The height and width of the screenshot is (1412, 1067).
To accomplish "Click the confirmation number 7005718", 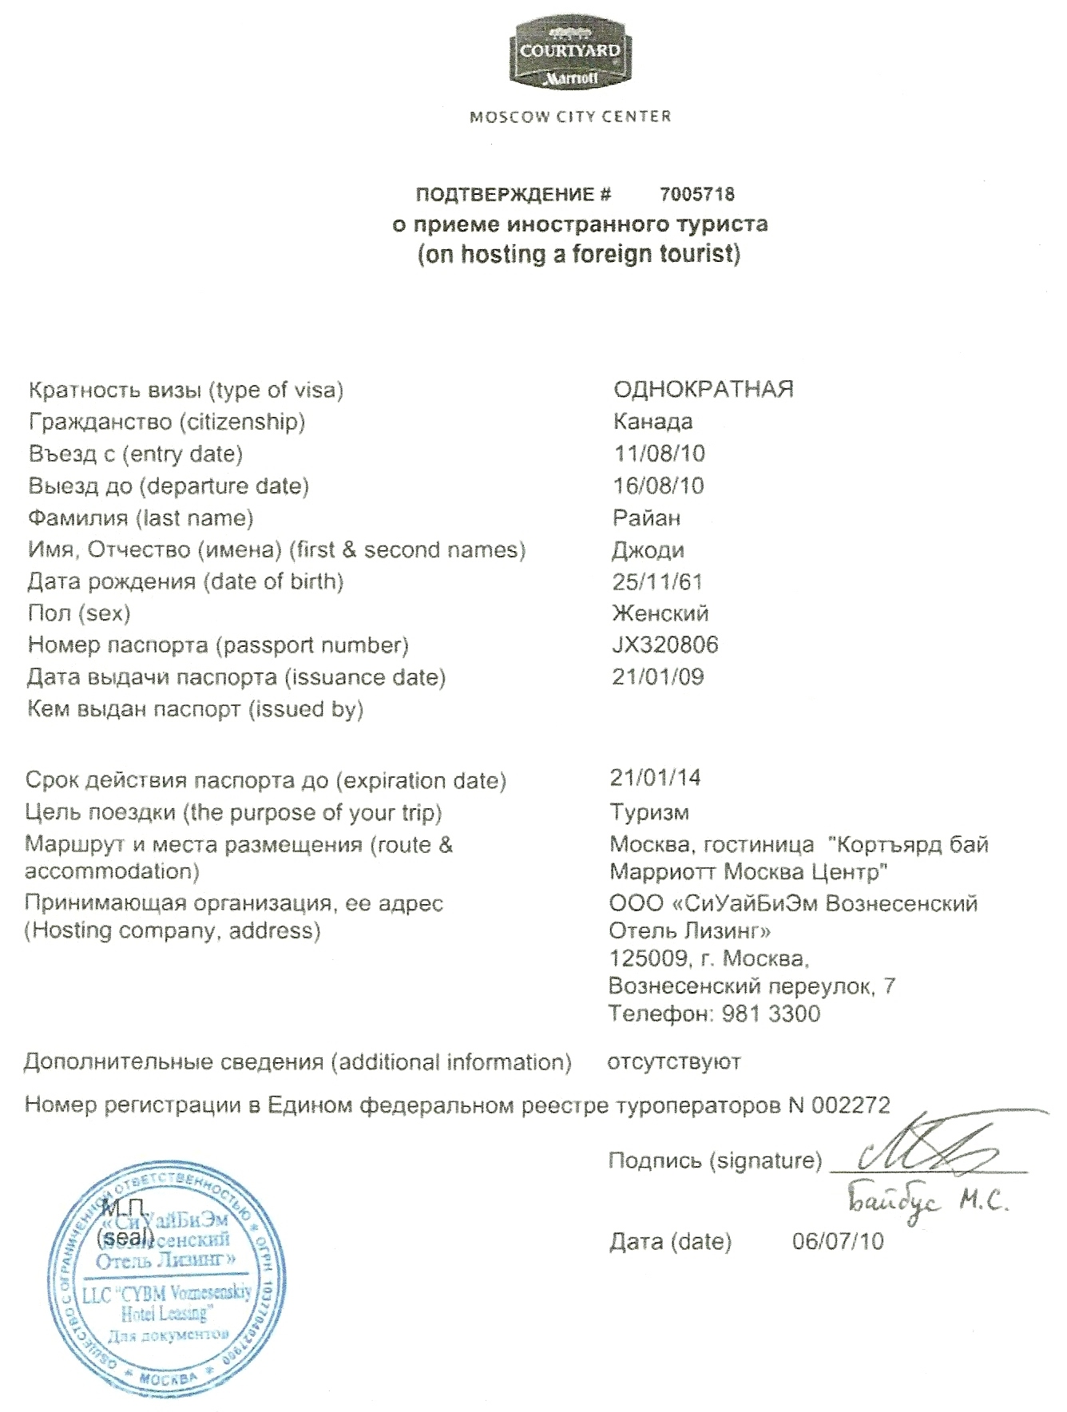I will click(x=697, y=194).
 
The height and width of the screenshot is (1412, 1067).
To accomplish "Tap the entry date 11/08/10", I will click(x=659, y=454).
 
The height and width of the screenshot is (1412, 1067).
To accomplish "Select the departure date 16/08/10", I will click(x=659, y=486).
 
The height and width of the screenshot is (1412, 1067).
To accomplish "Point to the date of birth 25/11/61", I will click(x=657, y=581).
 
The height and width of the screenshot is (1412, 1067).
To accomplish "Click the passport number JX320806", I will click(x=664, y=645).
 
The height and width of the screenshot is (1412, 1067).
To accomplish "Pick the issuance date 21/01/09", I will click(x=657, y=677).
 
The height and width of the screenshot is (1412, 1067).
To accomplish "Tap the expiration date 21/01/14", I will click(x=655, y=777).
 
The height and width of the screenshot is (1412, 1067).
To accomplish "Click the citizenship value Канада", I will click(x=652, y=422).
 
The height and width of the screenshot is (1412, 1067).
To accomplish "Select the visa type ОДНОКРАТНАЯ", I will click(x=703, y=390).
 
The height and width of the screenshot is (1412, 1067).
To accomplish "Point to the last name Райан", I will click(x=646, y=518).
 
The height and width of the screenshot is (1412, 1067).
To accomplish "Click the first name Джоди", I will click(x=647, y=550).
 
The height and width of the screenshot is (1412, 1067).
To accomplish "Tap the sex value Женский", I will click(x=660, y=613).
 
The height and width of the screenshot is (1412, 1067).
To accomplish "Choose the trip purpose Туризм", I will click(x=649, y=812).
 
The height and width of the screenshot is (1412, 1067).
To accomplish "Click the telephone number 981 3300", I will click(x=770, y=1014).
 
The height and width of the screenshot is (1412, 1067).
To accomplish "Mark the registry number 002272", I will click(x=851, y=1105).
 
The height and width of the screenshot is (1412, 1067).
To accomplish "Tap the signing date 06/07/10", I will click(x=838, y=1241).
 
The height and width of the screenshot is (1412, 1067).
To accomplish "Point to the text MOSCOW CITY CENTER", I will click(x=570, y=117).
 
